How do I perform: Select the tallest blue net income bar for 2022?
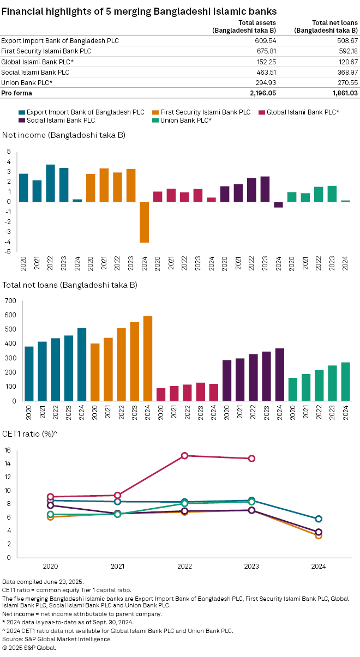(x=50, y=183)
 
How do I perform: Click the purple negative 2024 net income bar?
(x=278, y=204)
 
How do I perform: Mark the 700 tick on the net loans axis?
(x=9, y=300)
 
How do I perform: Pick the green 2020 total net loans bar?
(x=292, y=389)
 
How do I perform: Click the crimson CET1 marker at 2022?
(x=185, y=455)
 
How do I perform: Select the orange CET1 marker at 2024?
(x=319, y=535)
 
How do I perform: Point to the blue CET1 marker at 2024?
(x=319, y=519)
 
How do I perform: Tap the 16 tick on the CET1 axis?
(x=8, y=450)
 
